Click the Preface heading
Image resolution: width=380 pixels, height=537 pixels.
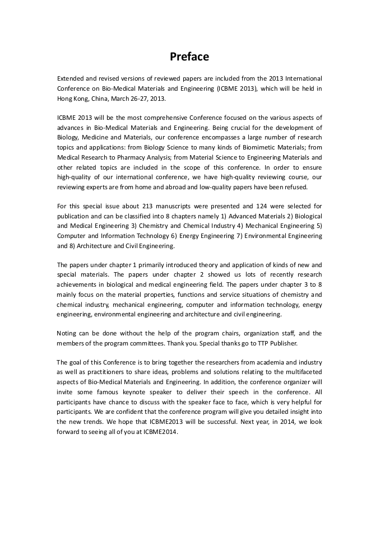click(x=189, y=57)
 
